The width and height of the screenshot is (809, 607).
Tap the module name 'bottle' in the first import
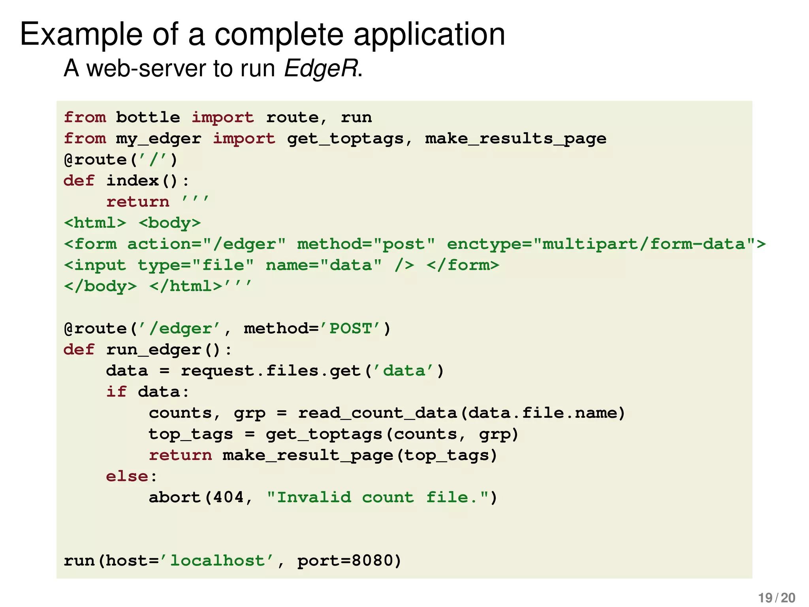[148, 117]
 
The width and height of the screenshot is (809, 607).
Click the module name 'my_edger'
[158, 139]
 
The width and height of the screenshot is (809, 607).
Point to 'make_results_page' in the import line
[516, 139]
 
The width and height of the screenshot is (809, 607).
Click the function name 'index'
[133, 181]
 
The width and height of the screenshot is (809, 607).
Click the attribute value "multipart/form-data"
[644, 244]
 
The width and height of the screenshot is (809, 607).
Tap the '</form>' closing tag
[463, 265]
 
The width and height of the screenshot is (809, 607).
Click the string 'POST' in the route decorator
[350, 329]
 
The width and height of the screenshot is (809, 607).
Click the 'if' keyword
[117, 392]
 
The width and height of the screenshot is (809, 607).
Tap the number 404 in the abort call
[228, 498]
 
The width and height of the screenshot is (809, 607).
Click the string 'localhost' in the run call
[217, 561]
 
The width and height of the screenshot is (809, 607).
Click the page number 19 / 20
[777, 598]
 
